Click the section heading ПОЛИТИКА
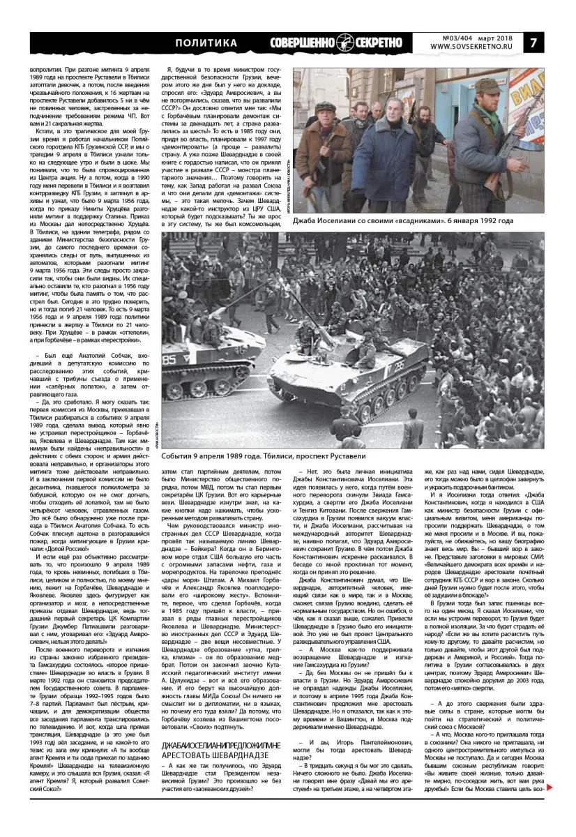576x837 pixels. click(x=206, y=43)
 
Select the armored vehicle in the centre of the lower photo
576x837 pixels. click(x=349, y=370)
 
